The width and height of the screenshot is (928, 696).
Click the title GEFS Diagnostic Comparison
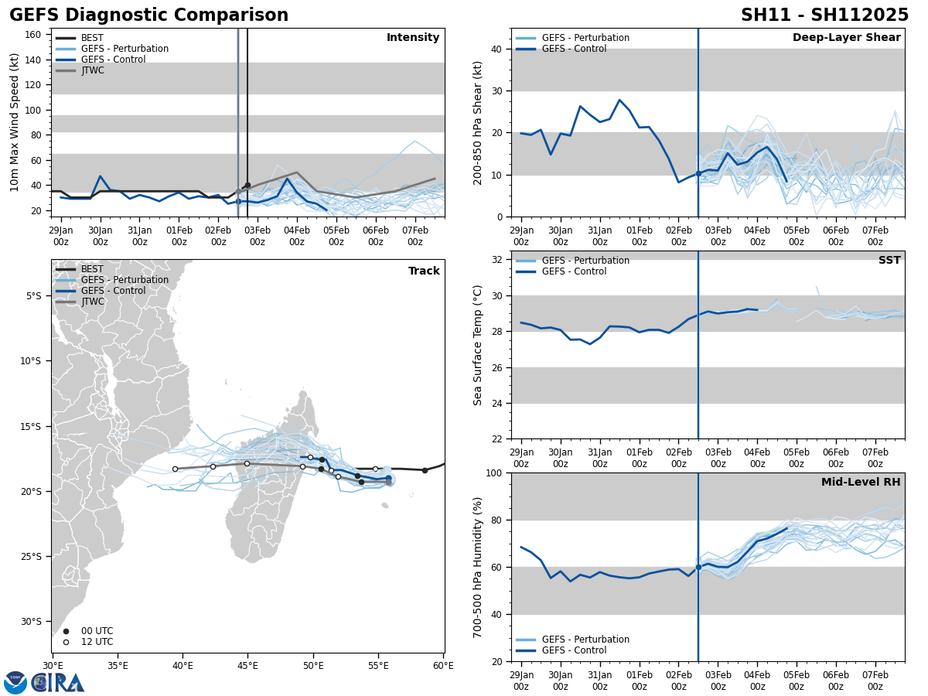click(148, 15)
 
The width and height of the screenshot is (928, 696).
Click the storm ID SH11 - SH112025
click(824, 15)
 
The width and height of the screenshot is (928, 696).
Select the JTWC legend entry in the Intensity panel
click(92, 70)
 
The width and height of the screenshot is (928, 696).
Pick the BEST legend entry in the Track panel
click(92, 269)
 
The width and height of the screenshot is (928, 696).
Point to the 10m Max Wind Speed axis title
click(14, 122)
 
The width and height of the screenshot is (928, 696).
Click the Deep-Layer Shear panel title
click(846, 38)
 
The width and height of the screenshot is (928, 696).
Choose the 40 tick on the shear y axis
click(496, 49)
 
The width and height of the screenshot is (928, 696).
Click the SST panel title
click(889, 261)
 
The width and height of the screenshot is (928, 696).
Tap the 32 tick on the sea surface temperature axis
click(496, 260)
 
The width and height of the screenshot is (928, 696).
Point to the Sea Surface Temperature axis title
click(478, 345)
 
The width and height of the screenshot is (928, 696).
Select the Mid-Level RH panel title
click(860, 483)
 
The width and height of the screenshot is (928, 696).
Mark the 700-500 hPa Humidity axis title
click(478, 567)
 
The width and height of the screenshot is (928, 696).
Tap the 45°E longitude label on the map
click(248, 665)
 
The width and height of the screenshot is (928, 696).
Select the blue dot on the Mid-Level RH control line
click(698, 567)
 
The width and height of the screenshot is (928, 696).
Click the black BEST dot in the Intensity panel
click(247, 186)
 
